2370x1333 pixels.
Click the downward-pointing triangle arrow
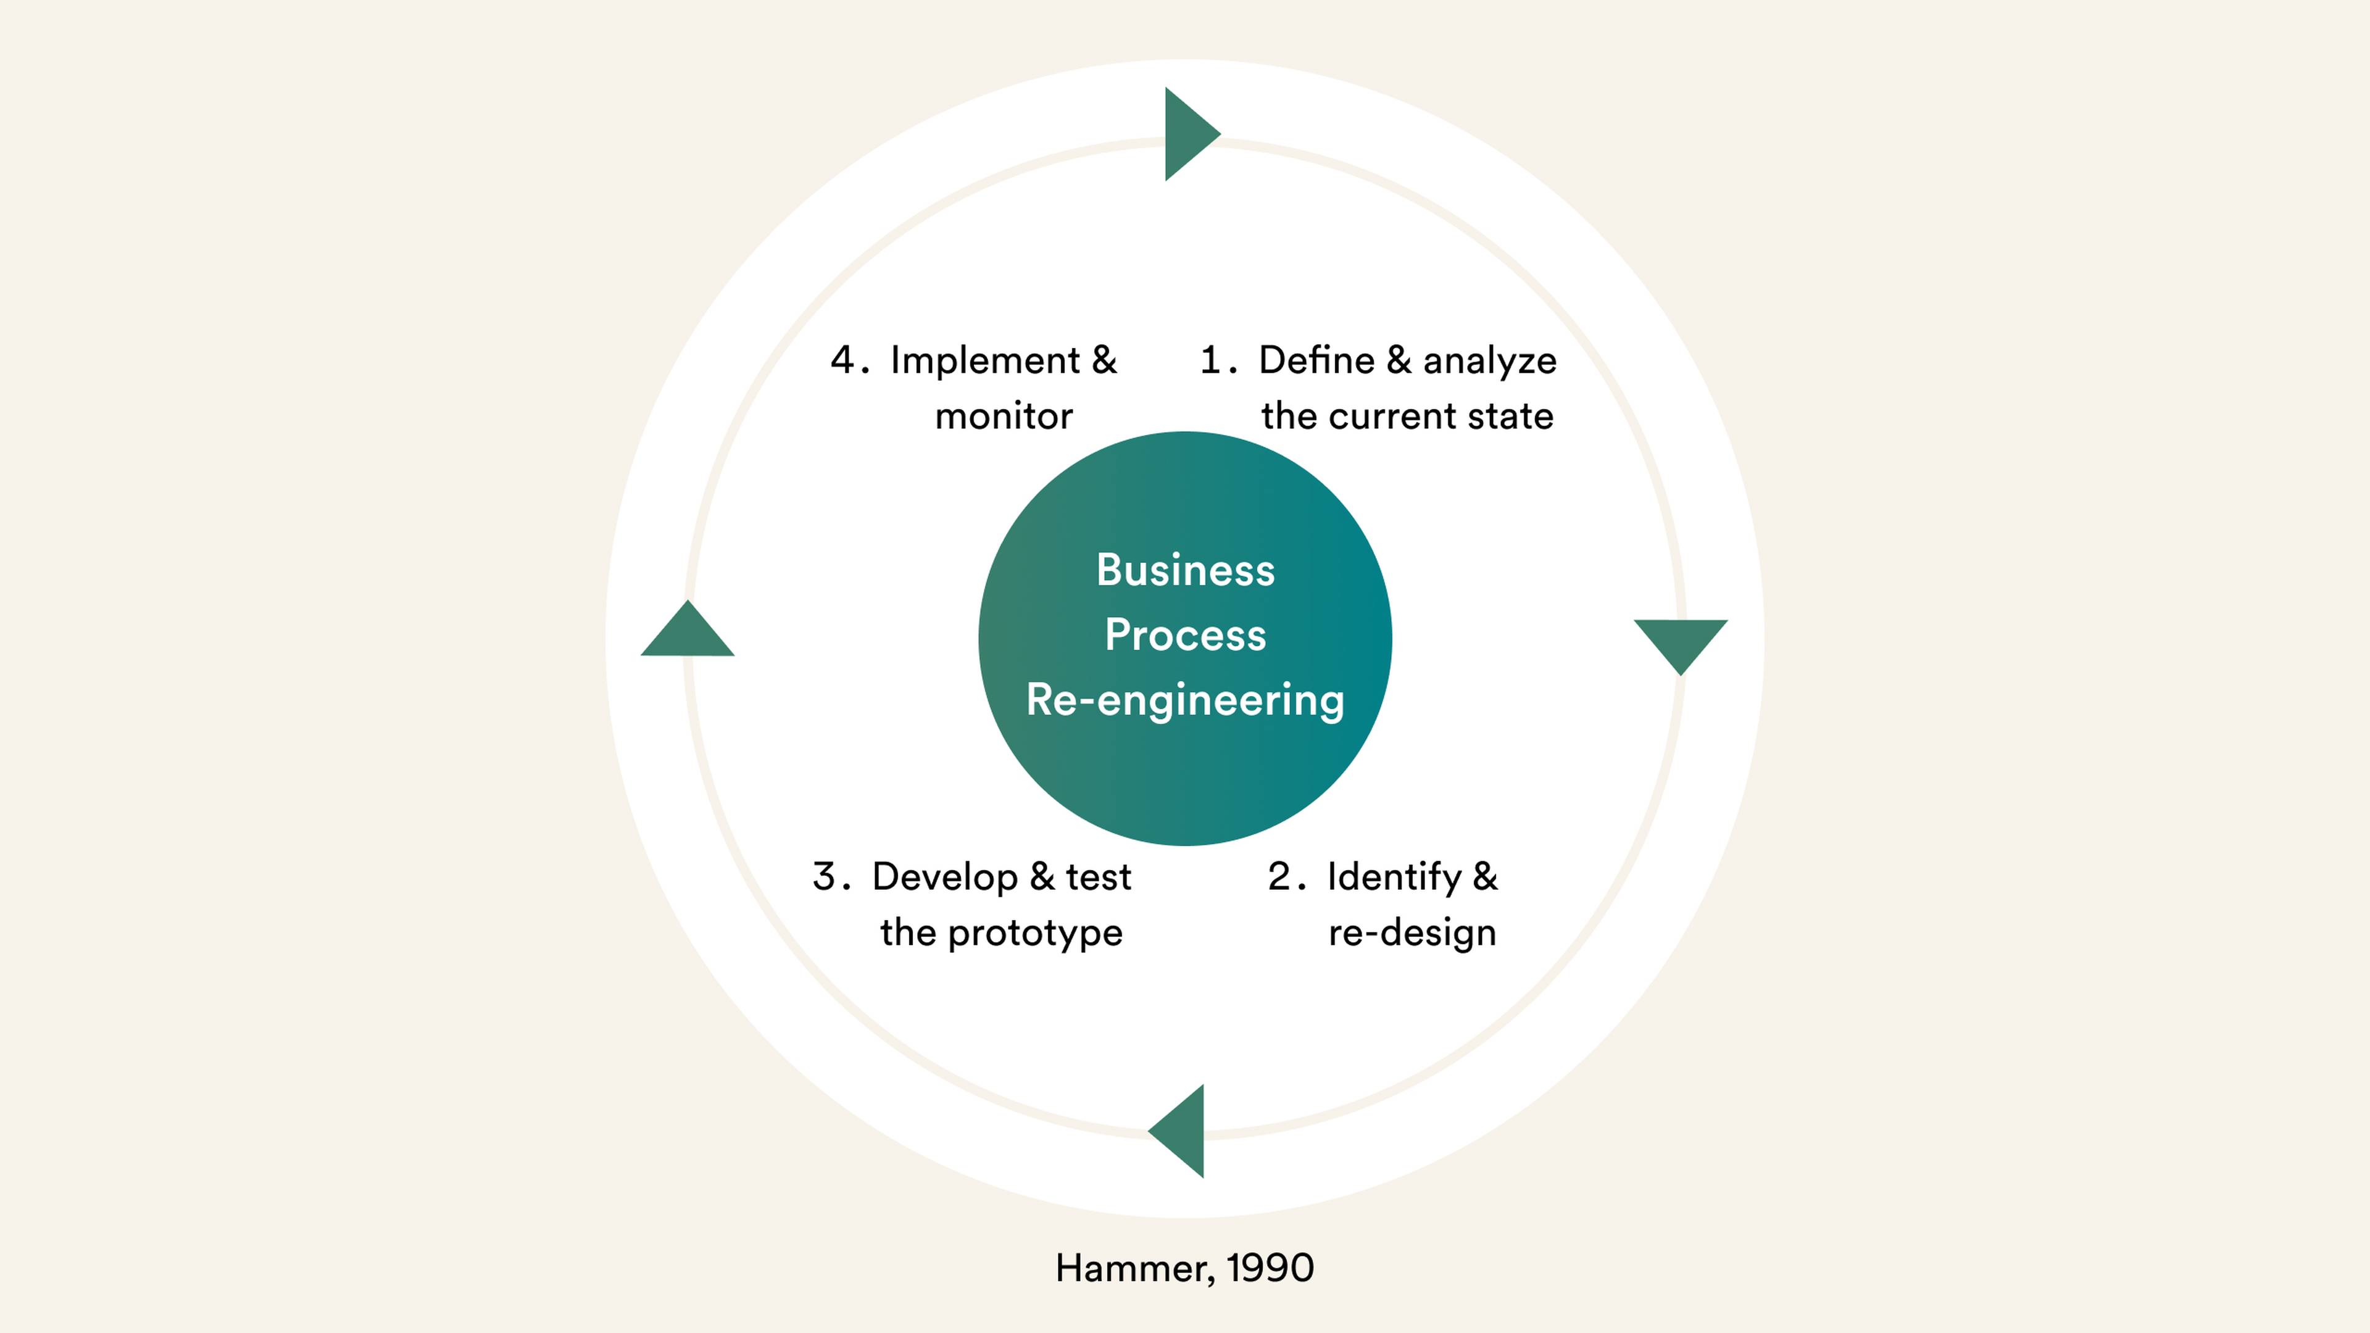(1680, 641)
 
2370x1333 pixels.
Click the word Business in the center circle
(1185, 570)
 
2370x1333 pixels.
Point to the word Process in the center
(1185, 636)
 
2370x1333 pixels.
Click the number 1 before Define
(1211, 360)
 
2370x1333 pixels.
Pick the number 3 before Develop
(825, 877)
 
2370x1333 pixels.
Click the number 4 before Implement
(842, 360)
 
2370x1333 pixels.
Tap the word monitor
(1004, 417)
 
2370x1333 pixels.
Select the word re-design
(1412, 934)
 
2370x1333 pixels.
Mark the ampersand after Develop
(1041, 877)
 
